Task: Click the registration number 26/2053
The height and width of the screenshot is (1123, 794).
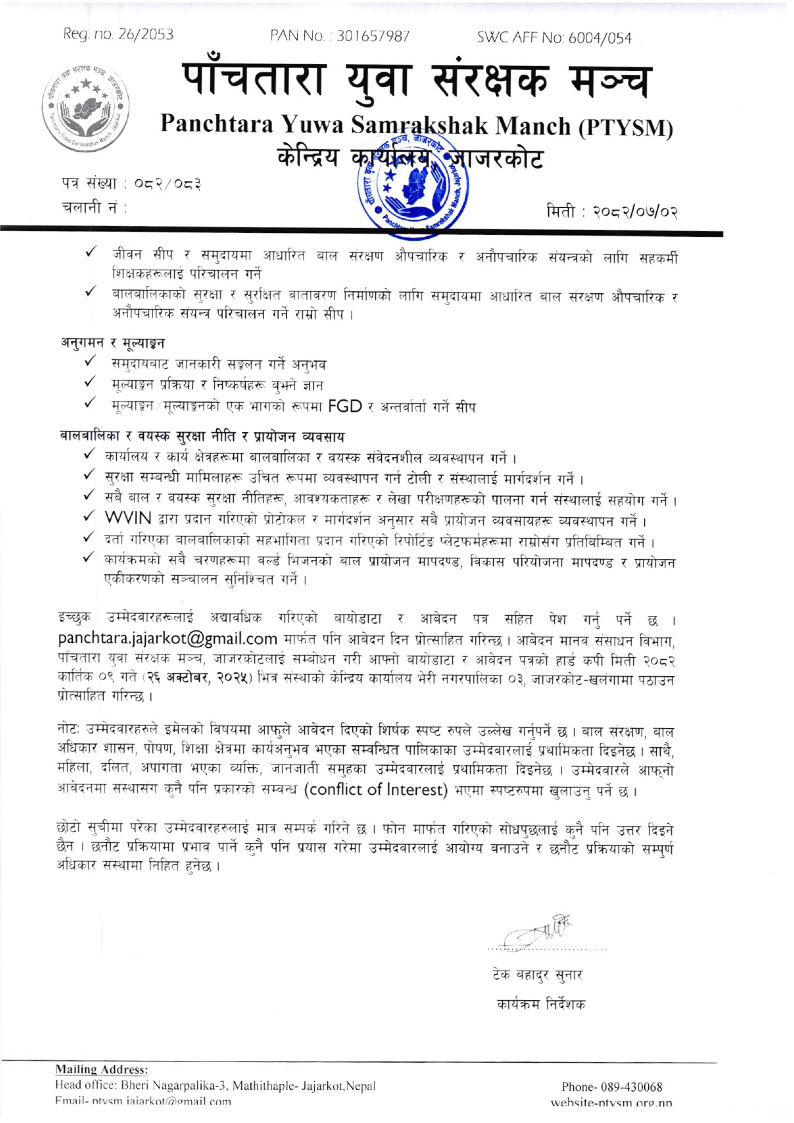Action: (145, 35)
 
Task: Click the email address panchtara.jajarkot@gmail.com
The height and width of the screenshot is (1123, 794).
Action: (168, 638)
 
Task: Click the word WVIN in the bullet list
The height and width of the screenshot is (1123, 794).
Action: (128, 517)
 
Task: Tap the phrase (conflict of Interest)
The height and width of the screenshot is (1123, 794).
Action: (375, 789)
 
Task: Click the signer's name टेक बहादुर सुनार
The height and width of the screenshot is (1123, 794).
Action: (537, 975)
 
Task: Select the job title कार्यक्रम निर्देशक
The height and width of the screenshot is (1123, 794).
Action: (541, 1004)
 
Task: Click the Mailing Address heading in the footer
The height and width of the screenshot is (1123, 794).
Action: (102, 1069)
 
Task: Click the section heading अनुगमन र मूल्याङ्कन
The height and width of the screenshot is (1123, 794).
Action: (113, 343)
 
